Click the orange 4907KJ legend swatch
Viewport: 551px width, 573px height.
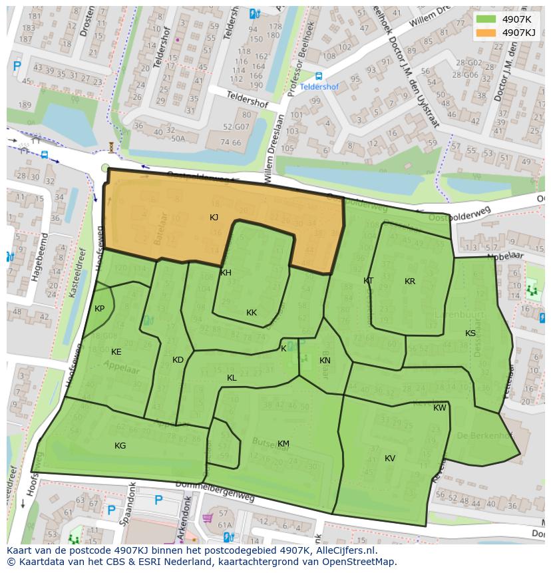(x=486, y=33)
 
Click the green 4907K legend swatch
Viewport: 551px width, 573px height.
(x=486, y=19)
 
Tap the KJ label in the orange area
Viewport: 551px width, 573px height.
(x=214, y=218)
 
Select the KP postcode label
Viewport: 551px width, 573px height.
(x=99, y=309)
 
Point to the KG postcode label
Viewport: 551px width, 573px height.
(x=120, y=446)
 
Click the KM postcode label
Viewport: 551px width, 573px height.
(x=283, y=444)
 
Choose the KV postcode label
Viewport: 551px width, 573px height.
(x=390, y=459)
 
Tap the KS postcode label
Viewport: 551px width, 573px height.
(x=470, y=333)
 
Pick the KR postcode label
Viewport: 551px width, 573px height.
(x=410, y=282)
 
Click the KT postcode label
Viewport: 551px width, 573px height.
(x=369, y=281)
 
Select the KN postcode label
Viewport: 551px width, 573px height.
(x=325, y=361)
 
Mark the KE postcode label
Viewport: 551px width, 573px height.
(x=116, y=352)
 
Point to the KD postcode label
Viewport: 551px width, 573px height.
(x=178, y=360)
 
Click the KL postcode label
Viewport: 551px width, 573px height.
(x=232, y=378)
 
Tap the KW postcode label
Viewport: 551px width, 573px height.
(x=440, y=408)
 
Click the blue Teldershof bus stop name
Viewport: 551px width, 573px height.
(x=319, y=87)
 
